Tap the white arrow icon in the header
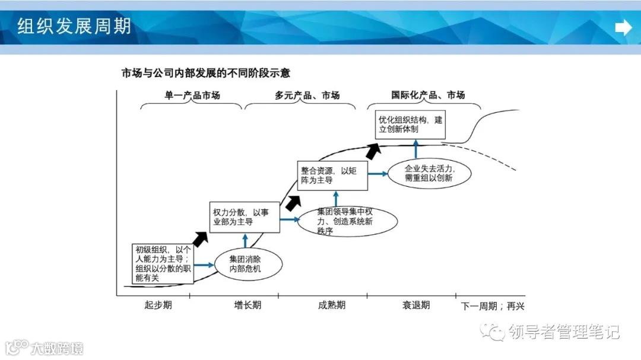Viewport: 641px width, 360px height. [x=623, y=27]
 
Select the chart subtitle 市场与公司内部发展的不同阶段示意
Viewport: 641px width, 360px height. [x=205, y=74]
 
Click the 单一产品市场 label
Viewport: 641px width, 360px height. [x=192, y=95]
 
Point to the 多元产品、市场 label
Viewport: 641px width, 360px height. [x=307, y=95]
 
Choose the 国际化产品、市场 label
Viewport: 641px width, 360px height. [x=427, y=95]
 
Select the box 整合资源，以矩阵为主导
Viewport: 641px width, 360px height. [x=332, y=176]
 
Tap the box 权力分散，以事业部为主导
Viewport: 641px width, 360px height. [x=245, y=217]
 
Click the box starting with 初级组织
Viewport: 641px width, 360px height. [x=162, y=263]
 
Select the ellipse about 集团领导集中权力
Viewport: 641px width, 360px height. [x=347, y=221]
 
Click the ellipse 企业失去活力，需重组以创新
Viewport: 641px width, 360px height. [x=429, y=173]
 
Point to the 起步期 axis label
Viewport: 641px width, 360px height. [x=158, y=305]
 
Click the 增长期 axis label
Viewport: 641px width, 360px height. [x=247, y=305]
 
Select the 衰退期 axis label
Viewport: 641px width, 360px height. [x=415, y=305]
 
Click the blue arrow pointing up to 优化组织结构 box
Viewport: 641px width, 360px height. [x=416, y=149]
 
